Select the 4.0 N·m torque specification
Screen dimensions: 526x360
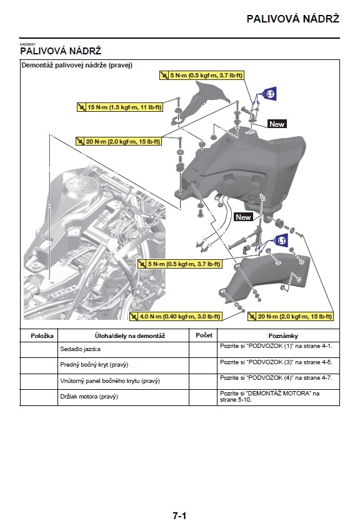175,317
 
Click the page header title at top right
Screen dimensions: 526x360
292,19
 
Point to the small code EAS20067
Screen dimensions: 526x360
27,44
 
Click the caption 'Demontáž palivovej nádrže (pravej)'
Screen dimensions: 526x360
77,65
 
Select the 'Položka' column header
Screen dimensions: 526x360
39,335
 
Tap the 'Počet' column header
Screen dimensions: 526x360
204,335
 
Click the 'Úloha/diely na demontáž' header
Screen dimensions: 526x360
123,336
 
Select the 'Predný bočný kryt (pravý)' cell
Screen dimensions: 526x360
94,365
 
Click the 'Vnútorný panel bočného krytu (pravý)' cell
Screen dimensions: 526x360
110,380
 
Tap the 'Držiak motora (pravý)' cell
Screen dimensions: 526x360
89,397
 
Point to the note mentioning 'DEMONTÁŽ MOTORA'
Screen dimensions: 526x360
270,396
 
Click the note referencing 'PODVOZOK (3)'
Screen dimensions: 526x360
276,362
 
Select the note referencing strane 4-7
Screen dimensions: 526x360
276,378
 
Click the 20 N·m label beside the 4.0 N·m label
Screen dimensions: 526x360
291,317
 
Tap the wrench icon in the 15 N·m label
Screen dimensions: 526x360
81,107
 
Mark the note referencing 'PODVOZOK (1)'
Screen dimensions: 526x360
276,345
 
